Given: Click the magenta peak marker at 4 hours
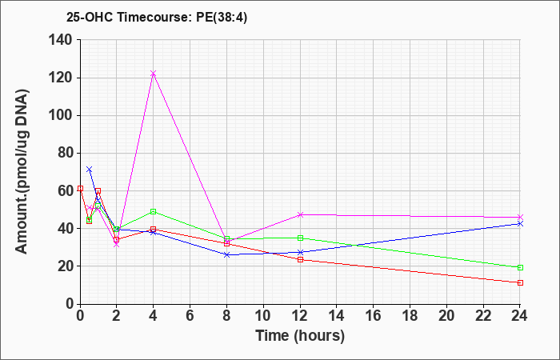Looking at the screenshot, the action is tap(154, 74).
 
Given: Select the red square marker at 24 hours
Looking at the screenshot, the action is tap(520, 283).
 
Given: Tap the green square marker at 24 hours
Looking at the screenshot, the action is tap(520, 267).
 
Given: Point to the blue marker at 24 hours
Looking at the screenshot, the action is tap(520, 223).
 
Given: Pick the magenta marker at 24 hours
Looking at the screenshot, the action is tap(520, 217).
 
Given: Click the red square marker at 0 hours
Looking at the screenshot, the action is tap(80, 188).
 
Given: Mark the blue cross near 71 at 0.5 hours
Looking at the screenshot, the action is tap(90, 170).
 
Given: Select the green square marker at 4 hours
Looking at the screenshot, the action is tap(154, 211).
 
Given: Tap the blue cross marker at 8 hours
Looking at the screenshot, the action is tap(226, 254).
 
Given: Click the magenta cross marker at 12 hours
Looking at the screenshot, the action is tap(300, 214).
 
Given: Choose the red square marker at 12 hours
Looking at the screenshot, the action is tap(300, 260).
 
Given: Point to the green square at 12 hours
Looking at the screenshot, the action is tap(300, 238).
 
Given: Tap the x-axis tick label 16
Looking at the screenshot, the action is tap(374, 316).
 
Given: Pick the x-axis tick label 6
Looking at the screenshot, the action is tap(190, 316).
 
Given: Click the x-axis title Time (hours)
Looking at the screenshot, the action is tap(300, 336).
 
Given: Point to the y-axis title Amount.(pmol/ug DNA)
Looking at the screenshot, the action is tap(22, 171).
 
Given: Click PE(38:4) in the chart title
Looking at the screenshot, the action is tap(222, 18).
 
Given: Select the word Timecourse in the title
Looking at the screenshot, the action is tap(154, 18).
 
